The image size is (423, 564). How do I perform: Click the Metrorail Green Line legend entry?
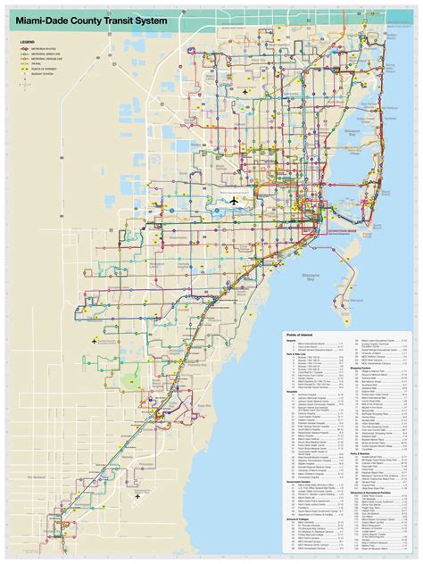(x=46, y=54)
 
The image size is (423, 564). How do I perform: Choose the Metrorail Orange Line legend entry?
(x=47, y=59)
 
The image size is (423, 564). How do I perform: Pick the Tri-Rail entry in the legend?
(x=37, y=64)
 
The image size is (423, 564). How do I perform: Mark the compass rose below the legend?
(x=24, y=85)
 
